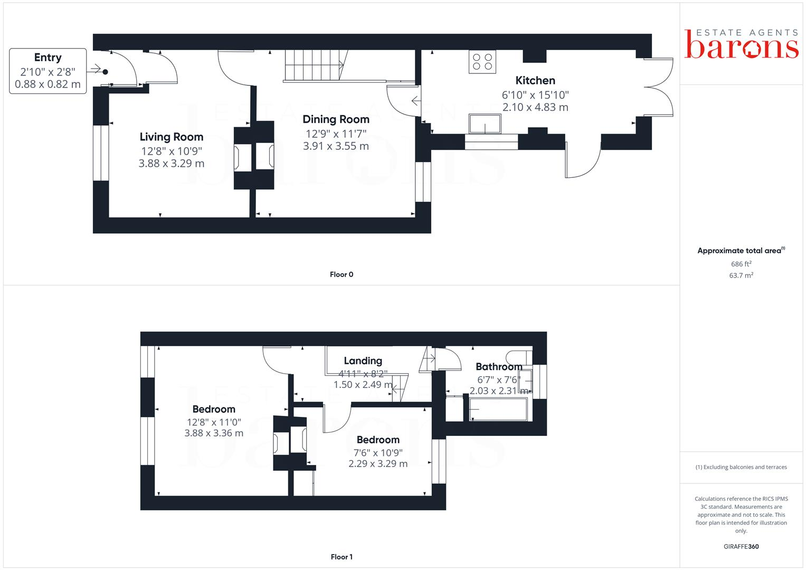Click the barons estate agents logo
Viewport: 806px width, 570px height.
pos(741,44)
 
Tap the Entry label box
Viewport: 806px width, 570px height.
pos(48,71)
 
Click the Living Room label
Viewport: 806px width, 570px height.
pos(172,137)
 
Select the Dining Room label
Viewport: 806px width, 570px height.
pos(336,119)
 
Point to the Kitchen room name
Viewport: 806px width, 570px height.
pos(535,81)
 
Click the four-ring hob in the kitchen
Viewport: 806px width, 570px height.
pos(482,62)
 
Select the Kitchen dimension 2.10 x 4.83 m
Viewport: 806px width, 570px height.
pos(535,107)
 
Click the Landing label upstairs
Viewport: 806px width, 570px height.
pos(363,361)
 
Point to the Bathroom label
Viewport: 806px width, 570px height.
pos(499,367)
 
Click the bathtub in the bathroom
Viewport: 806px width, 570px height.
pos(498,410)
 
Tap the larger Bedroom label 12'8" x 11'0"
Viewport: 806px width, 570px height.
pos(214,410)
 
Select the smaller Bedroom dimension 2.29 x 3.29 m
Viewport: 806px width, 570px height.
pos(378,464)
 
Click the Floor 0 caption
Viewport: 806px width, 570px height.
pos(342,274)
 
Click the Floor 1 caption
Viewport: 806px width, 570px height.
pos(342,557)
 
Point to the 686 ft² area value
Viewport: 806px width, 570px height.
pos(741,264)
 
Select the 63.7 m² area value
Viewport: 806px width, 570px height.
pos(741,275)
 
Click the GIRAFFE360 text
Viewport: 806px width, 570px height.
pos(741,547)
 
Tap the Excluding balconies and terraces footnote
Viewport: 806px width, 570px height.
pos(741,467)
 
